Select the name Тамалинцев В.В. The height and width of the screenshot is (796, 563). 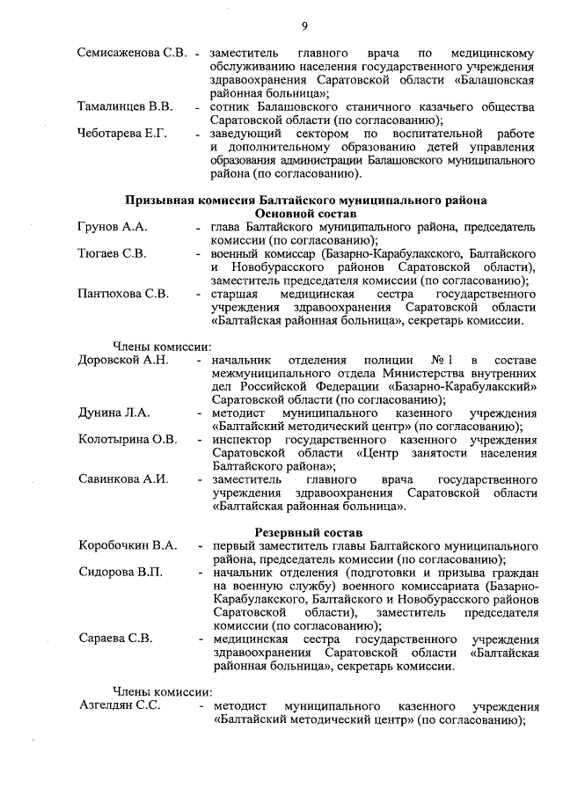pos(124,107)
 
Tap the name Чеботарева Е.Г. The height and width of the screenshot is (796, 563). pos(123,134)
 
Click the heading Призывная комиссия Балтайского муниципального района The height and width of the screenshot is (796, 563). pos(305,201)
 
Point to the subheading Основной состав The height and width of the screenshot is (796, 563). pos(305,214)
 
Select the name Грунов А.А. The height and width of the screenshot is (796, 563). pos(113,228)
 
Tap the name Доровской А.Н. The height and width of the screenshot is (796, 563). pos(123,361)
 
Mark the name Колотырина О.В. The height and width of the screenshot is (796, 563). pos(128,440)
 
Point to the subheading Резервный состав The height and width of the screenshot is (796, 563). pos(305,532)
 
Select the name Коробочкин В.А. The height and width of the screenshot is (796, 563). pos(128,546)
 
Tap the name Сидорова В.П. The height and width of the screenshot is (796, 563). pos(121,573)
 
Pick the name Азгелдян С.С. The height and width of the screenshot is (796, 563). pos(119,707)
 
